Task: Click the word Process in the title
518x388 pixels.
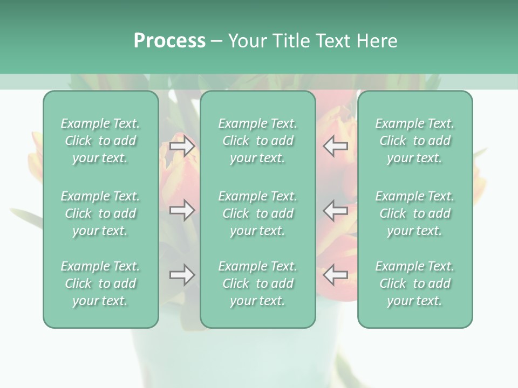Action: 169,41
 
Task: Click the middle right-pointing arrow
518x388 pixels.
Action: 182,210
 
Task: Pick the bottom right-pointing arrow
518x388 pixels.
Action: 182,275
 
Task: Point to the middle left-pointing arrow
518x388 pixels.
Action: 335,210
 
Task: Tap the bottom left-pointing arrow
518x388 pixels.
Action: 335,275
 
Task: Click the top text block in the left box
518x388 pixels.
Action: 100,141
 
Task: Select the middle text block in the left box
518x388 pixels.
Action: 100,213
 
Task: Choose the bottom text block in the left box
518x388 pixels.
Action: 100,283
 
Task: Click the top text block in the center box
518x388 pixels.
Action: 257,141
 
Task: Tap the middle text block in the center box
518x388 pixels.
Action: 257,213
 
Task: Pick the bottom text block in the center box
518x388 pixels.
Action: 257,283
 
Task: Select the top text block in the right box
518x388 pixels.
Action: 414,141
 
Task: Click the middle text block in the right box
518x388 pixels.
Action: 414,213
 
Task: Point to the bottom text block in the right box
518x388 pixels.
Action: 414,283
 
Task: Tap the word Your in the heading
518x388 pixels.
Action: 246,41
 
